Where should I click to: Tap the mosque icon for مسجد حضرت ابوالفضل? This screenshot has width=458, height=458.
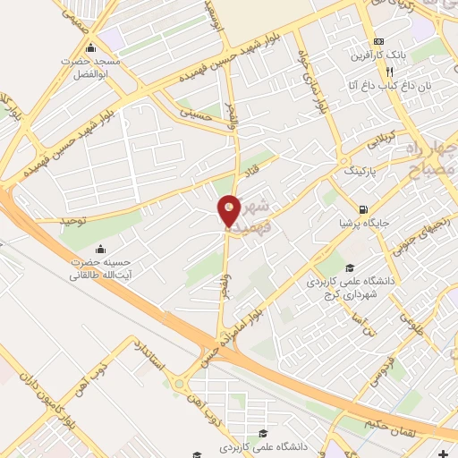pyautogui.click(x=89, y=48)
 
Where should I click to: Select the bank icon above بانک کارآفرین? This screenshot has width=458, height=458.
pyautogui.click(x=379, y=41)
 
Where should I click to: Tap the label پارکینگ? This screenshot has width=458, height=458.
pyautogui.click(x=360, y=168)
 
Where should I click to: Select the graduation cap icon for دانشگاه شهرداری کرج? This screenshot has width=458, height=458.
pyautogui.click(x=351, y=268)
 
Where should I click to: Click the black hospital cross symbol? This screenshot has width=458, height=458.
pyautogui.click(x=445, y=454)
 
